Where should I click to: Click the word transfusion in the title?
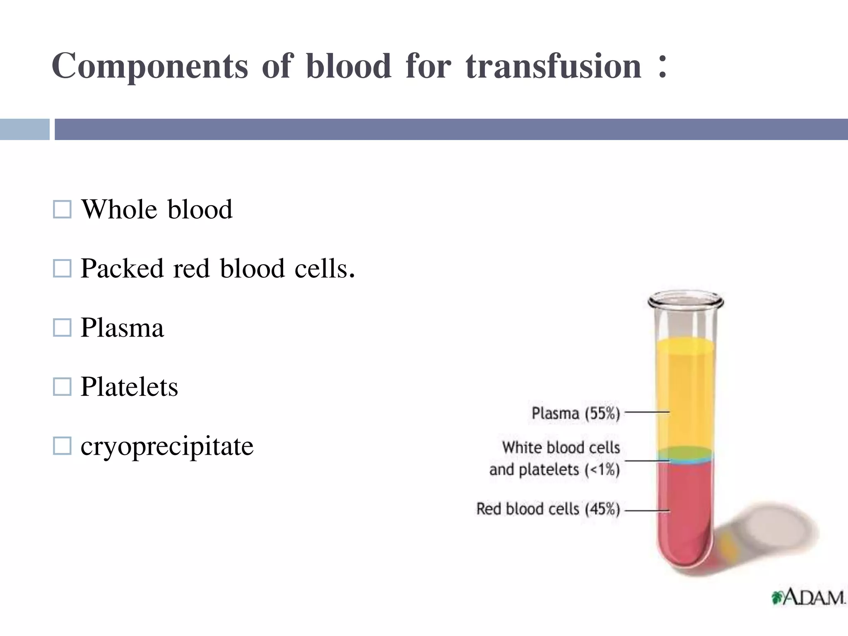(554, 66)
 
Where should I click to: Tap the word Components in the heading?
(150, 66)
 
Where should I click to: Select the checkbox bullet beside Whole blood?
(62, 210)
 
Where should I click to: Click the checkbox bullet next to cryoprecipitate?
(62, 446)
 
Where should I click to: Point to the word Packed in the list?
(122, 268)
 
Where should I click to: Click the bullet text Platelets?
(129, 387)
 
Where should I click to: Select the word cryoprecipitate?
(167, 446)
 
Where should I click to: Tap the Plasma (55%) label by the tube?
(576, 413)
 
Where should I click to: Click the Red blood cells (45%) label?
(548, 509)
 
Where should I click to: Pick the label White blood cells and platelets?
(555, 458)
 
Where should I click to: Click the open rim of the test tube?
(686, 299)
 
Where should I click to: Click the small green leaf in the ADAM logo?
(777, 597)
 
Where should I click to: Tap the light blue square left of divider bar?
(24, 129)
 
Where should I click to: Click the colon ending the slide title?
(662, 66)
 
